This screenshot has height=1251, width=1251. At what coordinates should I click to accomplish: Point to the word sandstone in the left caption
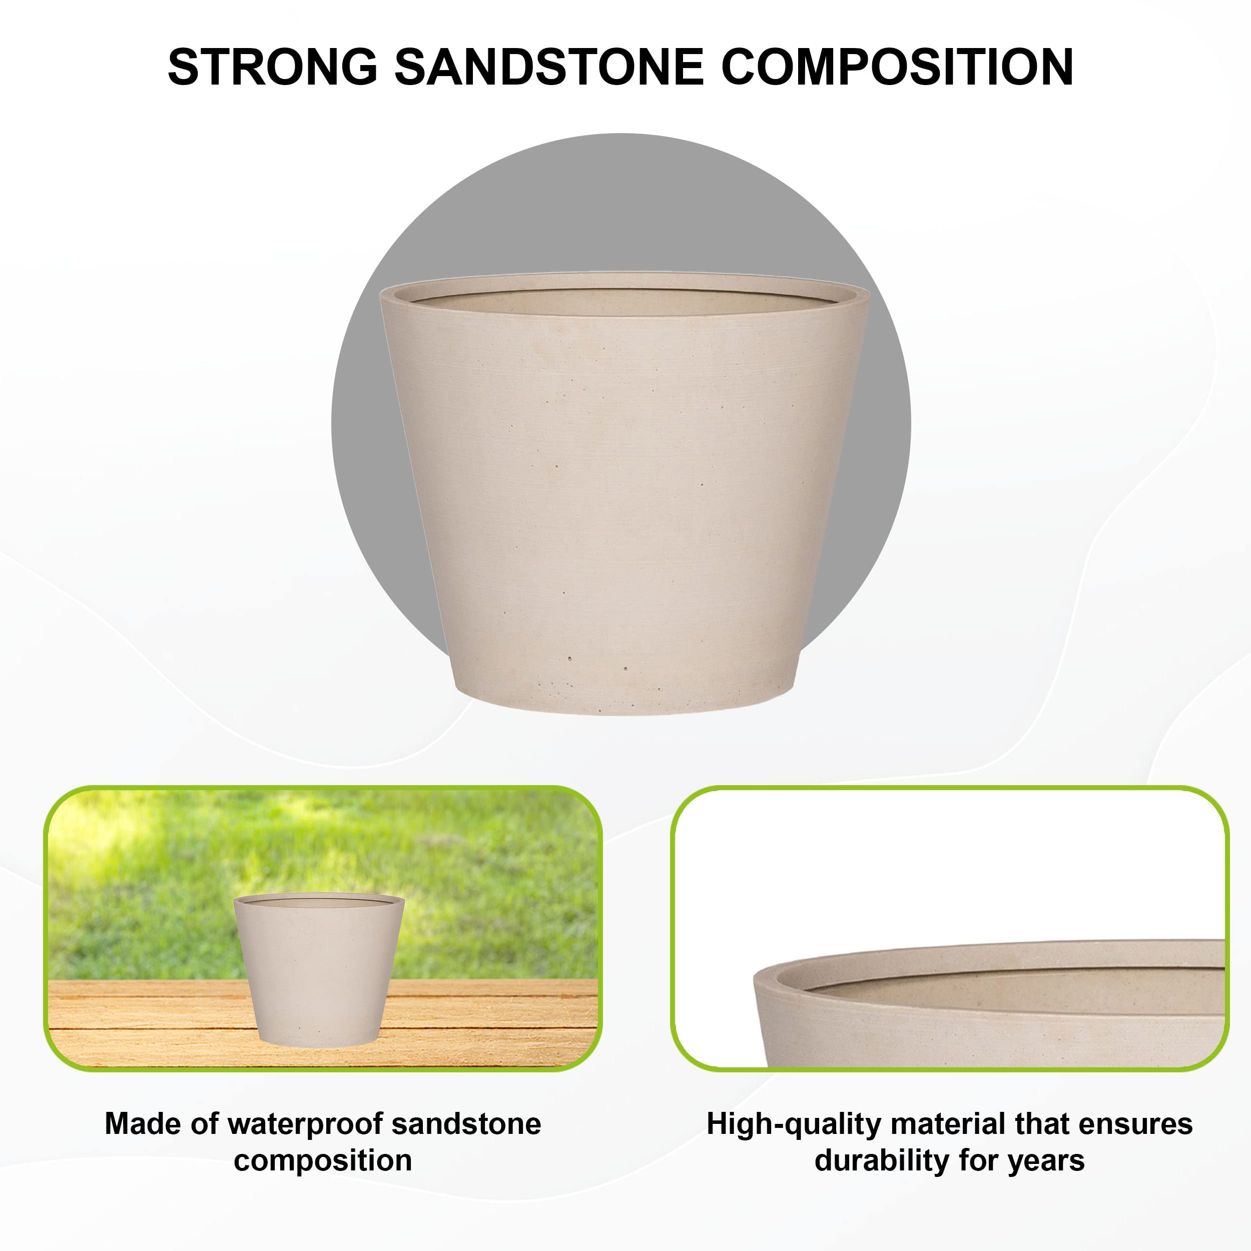coord(466,1124)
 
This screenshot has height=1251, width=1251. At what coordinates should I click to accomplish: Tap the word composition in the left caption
coord(322,1161)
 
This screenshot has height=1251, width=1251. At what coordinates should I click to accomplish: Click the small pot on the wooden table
coord(319,971)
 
